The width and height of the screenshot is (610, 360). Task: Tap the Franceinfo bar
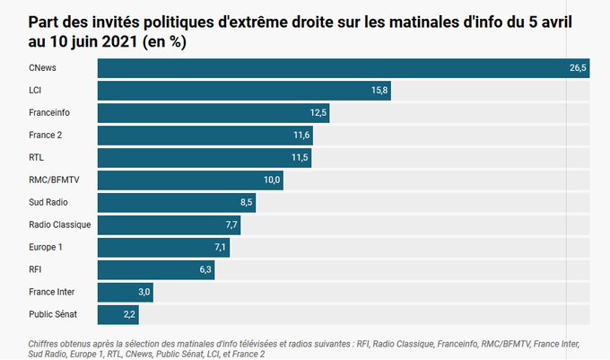point(213,113)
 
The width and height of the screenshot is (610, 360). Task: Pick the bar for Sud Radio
point(176,203)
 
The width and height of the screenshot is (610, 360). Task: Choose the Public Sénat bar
point(118,315)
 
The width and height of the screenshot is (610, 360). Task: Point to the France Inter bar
point(125,293)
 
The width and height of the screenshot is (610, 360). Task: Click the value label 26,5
point(577,68)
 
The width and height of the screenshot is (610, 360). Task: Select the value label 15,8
point(379,91)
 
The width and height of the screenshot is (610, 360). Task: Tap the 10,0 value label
point(272,180)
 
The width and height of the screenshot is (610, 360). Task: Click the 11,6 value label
point(301,136)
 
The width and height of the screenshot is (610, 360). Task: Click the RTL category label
point(38,158)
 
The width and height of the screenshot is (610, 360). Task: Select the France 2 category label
point(45,136)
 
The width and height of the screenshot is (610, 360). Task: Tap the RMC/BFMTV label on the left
point(54,180)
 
